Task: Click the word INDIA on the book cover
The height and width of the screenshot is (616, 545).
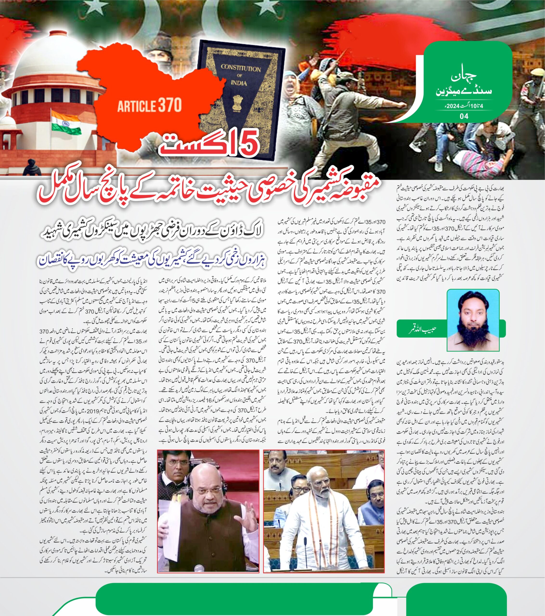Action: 239,83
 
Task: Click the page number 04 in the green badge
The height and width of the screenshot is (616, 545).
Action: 464,116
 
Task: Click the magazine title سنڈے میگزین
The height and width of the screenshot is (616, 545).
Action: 464,91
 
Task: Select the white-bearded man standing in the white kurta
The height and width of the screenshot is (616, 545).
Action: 320,509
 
